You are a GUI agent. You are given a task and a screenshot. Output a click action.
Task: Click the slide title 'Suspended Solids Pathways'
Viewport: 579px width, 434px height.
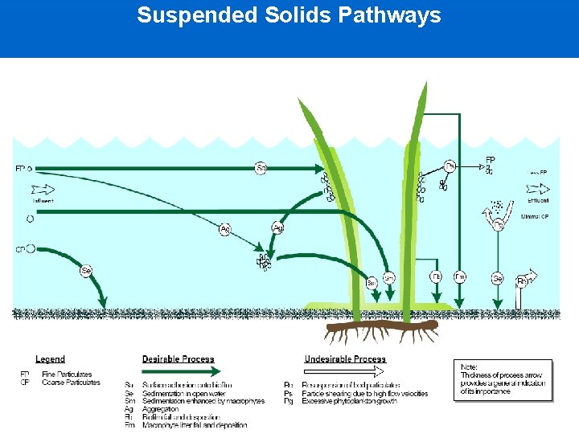point(289,15)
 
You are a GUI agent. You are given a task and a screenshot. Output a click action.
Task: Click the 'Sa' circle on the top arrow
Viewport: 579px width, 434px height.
point(261,168)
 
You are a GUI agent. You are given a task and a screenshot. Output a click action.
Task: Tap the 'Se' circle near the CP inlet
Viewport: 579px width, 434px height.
point(86,271)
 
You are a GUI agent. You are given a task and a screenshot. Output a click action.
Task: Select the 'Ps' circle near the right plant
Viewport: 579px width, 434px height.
point(450,166)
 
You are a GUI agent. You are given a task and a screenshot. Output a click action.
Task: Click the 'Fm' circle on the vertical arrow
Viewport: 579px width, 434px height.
point(460,277)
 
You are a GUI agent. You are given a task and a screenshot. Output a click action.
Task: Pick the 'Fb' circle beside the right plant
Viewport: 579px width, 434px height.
point(435,277)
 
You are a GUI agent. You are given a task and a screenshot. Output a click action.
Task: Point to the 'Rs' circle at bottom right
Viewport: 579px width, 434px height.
point(522,280)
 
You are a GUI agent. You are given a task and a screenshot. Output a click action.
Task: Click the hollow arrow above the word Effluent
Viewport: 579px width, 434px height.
point(538,190)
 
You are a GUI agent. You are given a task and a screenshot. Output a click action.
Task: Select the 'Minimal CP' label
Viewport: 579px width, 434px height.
point(535,216)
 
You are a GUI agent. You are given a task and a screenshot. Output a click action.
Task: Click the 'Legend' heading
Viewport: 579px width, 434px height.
point(50,359)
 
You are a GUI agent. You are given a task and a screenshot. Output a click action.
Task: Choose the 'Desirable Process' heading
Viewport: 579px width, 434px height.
point(178,359)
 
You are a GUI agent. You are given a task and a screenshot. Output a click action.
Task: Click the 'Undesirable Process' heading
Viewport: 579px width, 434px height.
point(345,359)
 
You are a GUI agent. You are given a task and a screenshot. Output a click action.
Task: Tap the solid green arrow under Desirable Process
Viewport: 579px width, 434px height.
point(181,371)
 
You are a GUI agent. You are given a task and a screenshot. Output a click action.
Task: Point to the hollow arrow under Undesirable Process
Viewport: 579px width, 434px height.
point(346,371)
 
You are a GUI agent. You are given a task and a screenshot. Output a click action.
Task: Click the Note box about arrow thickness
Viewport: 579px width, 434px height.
point(503,380)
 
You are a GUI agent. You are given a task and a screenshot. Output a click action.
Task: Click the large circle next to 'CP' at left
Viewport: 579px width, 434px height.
point(31,249)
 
